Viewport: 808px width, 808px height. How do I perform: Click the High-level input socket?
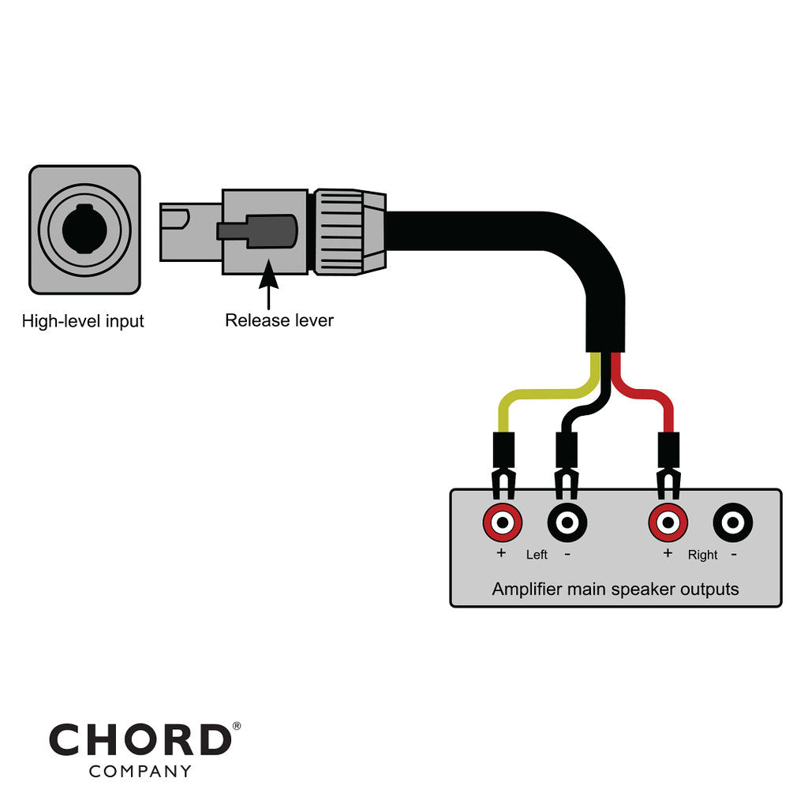pyautogui.click(x=84, y=229)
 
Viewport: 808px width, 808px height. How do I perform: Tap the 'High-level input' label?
pyautogui.click(x=83, y=322)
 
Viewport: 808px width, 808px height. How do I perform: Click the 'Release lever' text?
pyautogui.click(x=279, y=320)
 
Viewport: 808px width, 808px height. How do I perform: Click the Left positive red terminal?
pyautogui.click(x=503, y=522)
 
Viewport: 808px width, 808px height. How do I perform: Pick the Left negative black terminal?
pyautogui.click(x=567, y=522)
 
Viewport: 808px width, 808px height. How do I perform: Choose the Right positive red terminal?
pyautogui.click(x=668, y=522)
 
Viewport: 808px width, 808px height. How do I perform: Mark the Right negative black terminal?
pyautogui.click(x=733, y=522)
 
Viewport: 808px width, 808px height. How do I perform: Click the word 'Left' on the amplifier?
pyautogui.click(x=537, y=555)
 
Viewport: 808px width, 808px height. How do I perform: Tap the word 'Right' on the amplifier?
pyautogui.click(x=702, y=555)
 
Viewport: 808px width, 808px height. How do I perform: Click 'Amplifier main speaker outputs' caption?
pyautogui.click(x=615, y=589)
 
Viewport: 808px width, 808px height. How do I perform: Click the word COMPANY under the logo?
pyautogui.click(x=140, y=772)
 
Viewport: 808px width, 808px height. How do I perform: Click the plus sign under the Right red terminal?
pyautogui.click(x=668, y=553)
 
